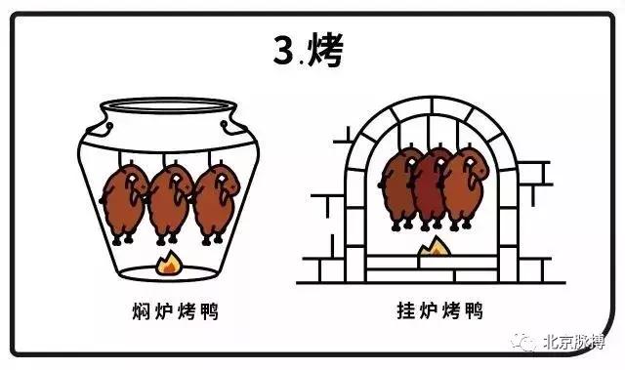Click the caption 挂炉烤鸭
tap(428, 312)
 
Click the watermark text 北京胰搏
tap(577, 344)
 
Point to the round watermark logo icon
tap(528, 344)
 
